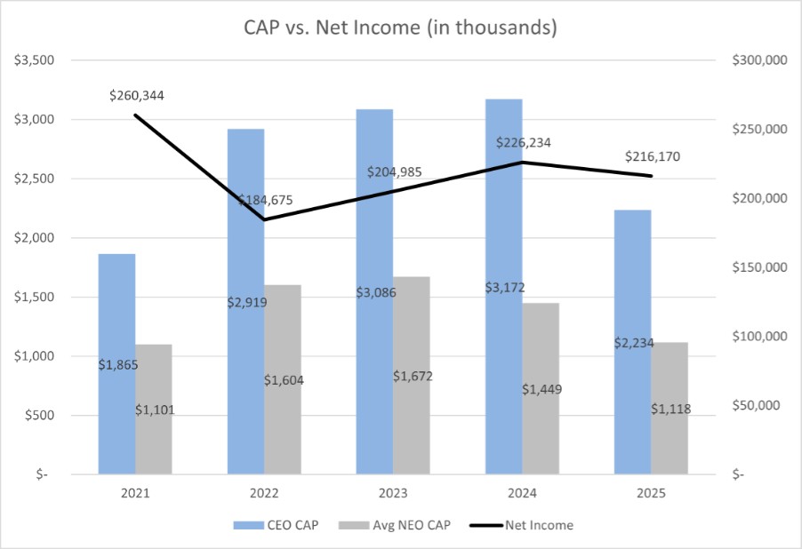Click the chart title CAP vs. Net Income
(x=400, y=28)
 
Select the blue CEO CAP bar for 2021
(x=116, y=311)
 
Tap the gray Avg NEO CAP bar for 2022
(x=283, y=338)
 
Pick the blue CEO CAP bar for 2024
(x=503, y=222)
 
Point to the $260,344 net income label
(x=137, y=95)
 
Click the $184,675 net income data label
(x=265, y=200)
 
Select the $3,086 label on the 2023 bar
(x=375, y=291)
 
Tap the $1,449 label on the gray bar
(x=541, y=389)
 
